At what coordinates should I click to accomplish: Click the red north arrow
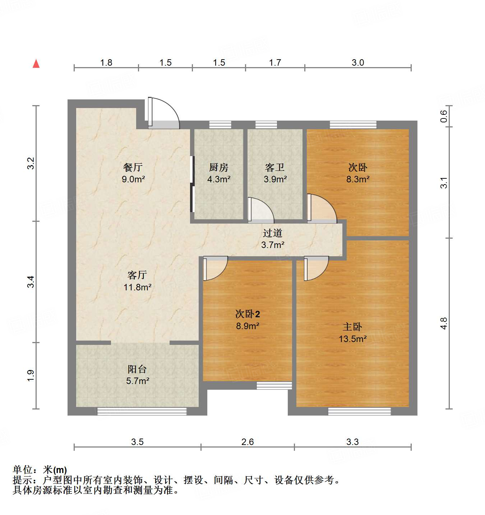tap(36, 64)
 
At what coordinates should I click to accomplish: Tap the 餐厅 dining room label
tap(133, 167)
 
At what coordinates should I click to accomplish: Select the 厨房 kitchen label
tap(218, 167)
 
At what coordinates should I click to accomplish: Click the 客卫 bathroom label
tap(275, 167)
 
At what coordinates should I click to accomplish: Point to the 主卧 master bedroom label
tap(352, 327)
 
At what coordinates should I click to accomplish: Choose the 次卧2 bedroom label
tap(247, 314)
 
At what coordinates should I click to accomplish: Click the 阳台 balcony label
tap(137, 369)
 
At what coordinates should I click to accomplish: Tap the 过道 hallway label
tap(273, 233)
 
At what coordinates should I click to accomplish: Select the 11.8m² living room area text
tap(137, 287)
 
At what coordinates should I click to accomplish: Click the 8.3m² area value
tap(358, 179)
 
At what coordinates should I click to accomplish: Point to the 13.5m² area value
tap(352, 339)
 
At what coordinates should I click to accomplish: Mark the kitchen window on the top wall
tap(220, 125)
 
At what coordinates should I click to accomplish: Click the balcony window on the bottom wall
tap(142, 411)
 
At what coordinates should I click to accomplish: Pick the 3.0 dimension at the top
tap(358, 63)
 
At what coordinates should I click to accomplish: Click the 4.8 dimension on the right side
tap(444, 323)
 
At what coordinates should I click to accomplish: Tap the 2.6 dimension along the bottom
tap(248, 442)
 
